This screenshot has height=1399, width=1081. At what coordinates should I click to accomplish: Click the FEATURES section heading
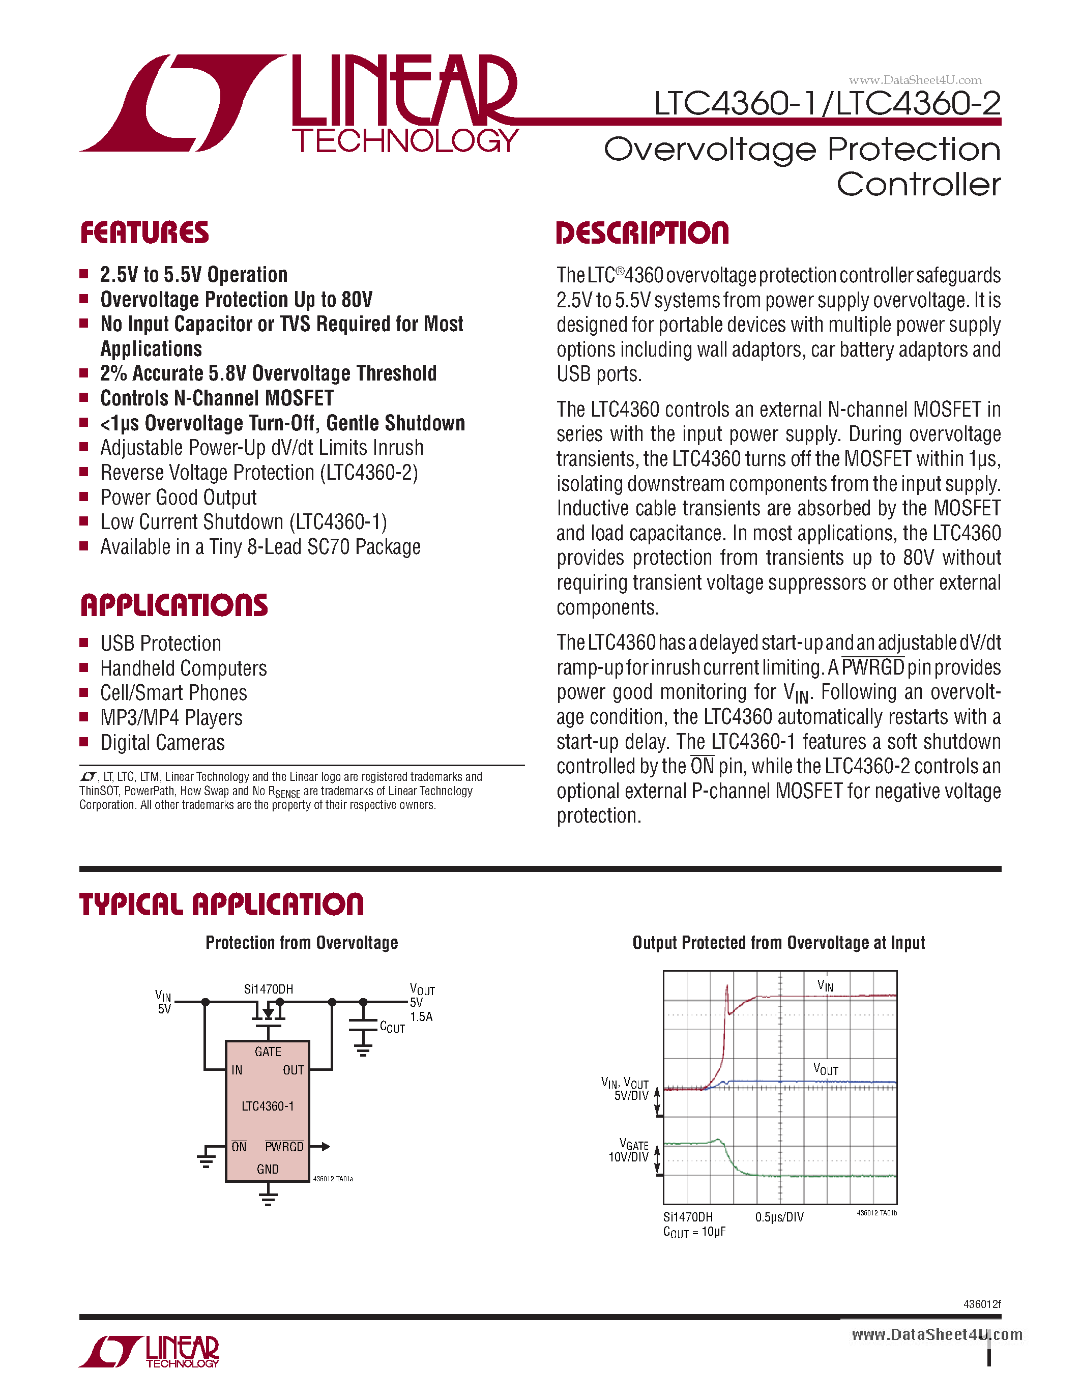coord(145,232)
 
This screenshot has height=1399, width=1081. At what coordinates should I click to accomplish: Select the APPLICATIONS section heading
coord(174,605)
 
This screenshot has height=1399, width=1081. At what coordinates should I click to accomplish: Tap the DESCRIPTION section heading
coord(642,233)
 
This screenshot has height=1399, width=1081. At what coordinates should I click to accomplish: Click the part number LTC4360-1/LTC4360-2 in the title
coord(827,103)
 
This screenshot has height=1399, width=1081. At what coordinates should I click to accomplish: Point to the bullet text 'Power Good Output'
coord(178,498)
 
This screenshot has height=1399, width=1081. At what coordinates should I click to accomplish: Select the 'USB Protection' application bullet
coord(160,643)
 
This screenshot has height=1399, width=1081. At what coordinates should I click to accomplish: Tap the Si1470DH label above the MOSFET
coord(268,989)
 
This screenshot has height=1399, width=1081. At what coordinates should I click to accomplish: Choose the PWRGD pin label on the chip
coord(284,1147)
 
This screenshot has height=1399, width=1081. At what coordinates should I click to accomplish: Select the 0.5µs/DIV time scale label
coord(779,1217)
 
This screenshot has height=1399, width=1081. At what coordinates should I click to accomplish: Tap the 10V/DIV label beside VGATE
coord(628,1157)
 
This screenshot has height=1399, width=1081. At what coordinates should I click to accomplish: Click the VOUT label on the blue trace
coord(826,1068)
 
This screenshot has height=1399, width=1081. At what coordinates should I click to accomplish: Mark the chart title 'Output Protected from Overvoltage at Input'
coord(778,943)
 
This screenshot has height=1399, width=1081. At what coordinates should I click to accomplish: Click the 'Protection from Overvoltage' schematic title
coord(302,943)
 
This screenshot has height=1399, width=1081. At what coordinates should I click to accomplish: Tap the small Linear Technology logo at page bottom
coord(149,1352)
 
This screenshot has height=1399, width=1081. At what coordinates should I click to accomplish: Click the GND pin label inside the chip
coord(268,1169)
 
